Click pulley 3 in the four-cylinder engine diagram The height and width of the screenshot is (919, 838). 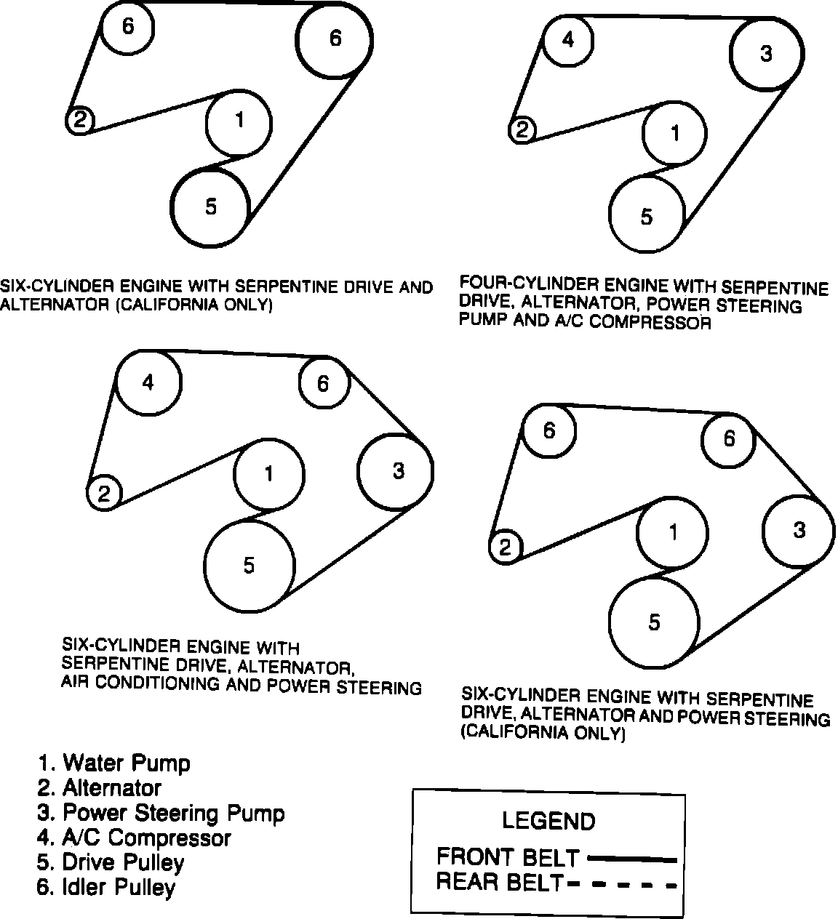(x=767, y=53)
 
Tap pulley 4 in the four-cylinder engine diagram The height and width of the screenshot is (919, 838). (x=568, y=39)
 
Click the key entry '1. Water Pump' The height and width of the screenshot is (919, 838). (x=114, y=763)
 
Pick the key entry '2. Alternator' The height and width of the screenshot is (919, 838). (x=100, y=787)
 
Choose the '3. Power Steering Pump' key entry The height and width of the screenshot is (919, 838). (x=161, y=812)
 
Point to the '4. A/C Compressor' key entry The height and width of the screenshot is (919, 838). (x=134, y=838)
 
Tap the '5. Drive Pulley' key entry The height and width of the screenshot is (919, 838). (x=111, y=862)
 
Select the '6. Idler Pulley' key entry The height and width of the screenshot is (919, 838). (x=106, y=887)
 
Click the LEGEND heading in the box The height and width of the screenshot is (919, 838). (x=548, y=821)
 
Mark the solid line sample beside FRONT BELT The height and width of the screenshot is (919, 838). (x=631, y=859)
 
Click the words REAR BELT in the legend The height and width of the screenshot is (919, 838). (x=500, y=883)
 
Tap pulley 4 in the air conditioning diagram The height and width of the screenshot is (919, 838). (x=148, y=382)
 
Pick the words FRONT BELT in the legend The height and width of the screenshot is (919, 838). (x=508, y=857)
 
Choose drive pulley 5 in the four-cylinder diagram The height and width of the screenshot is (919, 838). (x=647, y=216)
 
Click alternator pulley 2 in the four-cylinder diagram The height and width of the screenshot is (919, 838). (x=522, y=130)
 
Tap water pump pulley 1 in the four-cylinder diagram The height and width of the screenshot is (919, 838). (x=675, y=133)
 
